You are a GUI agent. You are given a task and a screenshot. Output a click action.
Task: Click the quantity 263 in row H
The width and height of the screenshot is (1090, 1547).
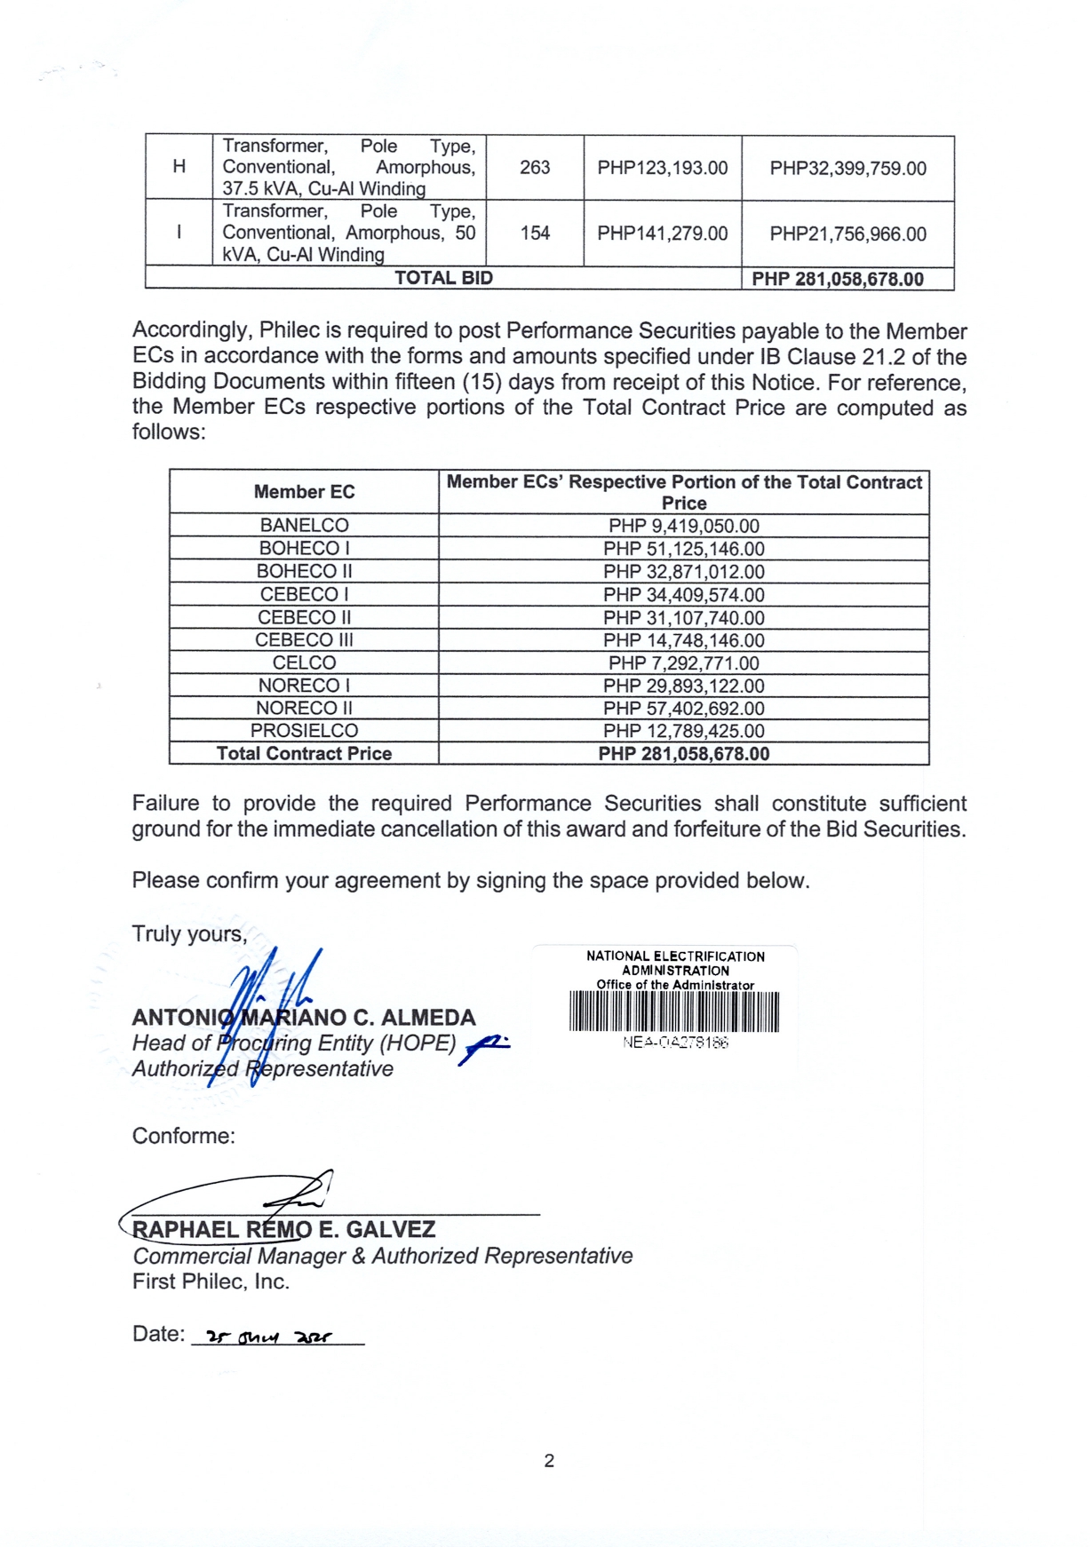click(535, 168)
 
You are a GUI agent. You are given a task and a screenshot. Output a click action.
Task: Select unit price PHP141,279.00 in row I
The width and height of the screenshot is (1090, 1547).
click(662, 234)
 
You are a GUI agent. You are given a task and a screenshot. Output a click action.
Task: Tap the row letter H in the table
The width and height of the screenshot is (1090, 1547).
click(179, 167)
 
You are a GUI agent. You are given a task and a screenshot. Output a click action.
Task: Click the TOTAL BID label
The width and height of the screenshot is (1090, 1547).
click(443, 278)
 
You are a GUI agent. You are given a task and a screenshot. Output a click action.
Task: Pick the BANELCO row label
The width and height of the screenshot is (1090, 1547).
click(304, 526)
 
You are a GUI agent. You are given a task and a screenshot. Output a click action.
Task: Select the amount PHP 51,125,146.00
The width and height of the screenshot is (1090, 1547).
click(683, 550)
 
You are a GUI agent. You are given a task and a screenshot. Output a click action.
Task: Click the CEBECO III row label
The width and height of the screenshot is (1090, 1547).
click(304, 640)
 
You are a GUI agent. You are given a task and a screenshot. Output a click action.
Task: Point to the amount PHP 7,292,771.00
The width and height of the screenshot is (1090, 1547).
click(683, 663)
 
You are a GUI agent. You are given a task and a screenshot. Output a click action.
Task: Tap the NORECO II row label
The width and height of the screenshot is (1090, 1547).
click(304, 709)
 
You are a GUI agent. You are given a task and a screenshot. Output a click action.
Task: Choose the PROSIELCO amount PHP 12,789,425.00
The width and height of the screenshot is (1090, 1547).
click(683, 732)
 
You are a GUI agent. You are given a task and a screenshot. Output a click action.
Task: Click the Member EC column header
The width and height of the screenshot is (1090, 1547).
click(304, 492)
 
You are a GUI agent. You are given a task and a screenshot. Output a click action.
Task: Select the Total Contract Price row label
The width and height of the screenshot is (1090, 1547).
click(304, 754)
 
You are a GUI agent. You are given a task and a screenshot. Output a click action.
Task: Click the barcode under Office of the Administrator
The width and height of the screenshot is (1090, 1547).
click(673, 1012)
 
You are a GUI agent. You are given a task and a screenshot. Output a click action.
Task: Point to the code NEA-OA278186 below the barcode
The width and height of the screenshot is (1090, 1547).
click(675, 1043)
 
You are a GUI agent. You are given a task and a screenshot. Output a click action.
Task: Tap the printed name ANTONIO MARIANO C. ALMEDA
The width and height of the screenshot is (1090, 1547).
click(304, 1018)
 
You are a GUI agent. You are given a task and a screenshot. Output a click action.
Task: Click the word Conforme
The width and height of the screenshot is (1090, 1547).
click(183, 1137)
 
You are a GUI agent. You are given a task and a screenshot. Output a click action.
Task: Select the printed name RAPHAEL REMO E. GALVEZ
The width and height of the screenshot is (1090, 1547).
click(284, 1230)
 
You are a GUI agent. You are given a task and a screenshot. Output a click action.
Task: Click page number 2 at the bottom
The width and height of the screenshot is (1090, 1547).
click(549, 1461)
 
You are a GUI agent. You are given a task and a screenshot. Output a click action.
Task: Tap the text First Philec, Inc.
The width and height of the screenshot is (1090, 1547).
click(211, 1281)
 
